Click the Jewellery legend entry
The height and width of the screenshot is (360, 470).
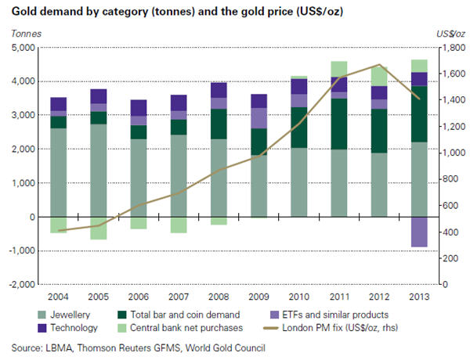[x=71, y=315]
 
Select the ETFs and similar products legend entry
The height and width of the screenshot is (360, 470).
[x=331, y=315]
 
